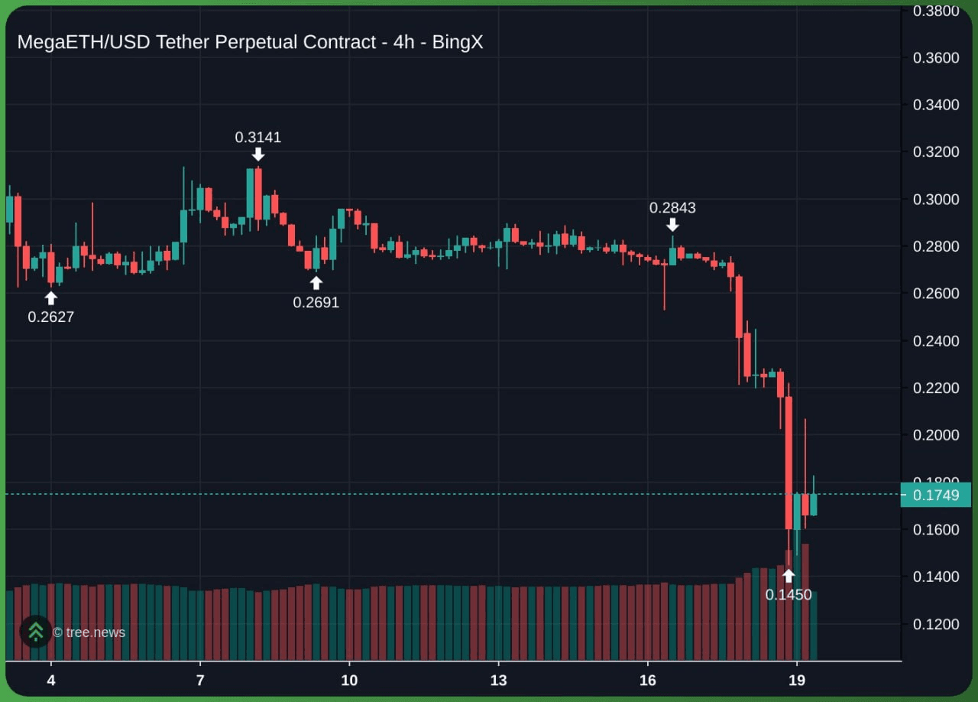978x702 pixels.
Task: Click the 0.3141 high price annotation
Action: click(257, 138)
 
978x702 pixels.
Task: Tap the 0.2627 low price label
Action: click(51, 317)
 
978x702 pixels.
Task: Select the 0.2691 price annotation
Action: click(316, 303)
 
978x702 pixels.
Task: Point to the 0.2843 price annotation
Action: click(672, 208)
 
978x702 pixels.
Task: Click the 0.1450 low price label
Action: click(789, 595)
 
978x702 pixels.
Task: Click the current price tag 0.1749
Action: click(936, 496)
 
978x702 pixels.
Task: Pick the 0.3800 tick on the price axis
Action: click(936, 11)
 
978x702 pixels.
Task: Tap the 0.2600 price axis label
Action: click(936, 294)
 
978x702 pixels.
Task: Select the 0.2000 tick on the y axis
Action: click(936, 435)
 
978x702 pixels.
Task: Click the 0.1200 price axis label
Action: click(936, 625)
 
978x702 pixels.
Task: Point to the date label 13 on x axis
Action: click(498, 681)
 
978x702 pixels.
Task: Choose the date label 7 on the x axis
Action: click(199, 681)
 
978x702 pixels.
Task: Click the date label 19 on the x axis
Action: click(797, 681)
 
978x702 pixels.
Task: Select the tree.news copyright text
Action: click(89, 632)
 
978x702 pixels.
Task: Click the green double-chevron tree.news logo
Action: click(35, 632)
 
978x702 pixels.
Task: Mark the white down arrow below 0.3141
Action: click(258, 154)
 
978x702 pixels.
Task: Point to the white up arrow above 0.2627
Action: click(51, 298)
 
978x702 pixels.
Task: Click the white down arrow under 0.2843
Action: click(672, 225)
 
